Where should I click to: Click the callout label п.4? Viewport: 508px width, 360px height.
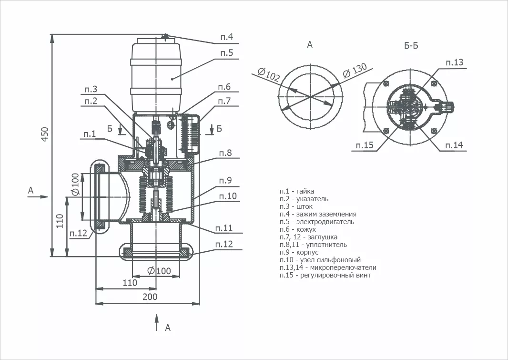coord(227,37)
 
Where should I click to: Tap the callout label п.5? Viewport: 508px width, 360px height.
coord(227,52)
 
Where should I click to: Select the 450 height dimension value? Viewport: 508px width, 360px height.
coord(45,134)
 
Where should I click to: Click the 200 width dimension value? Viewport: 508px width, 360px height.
coord(150,297)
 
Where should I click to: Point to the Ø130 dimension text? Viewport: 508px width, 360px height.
coord(355,70)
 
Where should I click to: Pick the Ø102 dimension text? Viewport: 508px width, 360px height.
coord(269,74)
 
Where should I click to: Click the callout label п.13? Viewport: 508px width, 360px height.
coord(455,62)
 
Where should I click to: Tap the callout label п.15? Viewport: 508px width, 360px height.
coord(365,145)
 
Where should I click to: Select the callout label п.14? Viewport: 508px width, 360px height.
coord(454,145)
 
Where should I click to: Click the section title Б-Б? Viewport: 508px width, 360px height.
coord(411,46)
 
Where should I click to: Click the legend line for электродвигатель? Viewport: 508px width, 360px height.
coord(317,222)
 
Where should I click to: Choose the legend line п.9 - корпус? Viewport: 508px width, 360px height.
coord(299,252)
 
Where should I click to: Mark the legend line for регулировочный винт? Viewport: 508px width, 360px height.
coord(325,275)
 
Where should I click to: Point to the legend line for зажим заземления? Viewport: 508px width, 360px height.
coord(318,214)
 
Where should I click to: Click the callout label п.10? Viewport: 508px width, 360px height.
coord(228,195)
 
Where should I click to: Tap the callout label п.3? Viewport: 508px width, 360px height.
coord(91,89)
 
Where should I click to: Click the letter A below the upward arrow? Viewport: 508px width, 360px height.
coord(167,328)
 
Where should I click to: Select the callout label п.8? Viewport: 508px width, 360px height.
coord(225,153)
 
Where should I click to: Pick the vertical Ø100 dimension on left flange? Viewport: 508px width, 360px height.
coord(75,185)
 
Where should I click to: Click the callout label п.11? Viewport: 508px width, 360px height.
coord(224,228)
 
